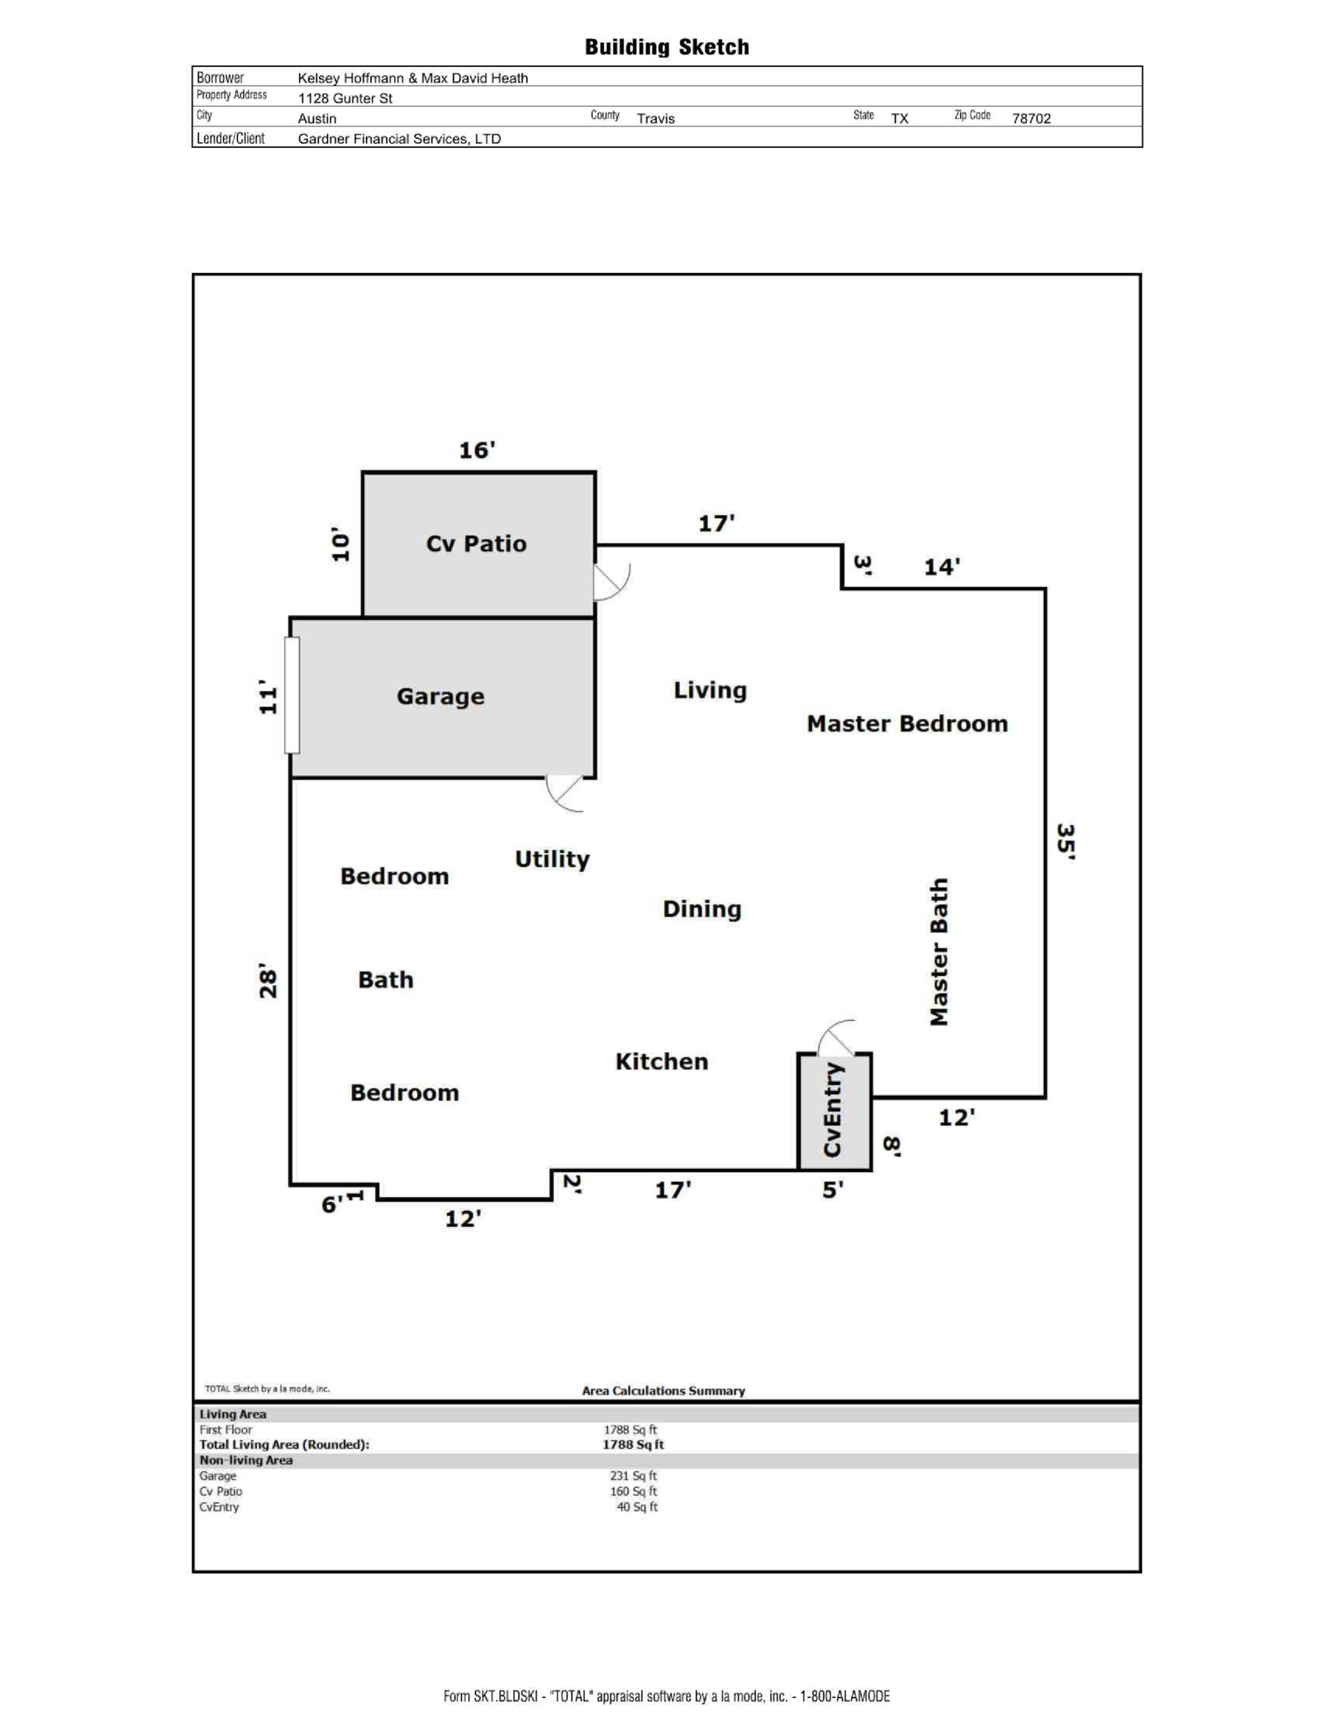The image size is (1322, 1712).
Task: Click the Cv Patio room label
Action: point(476,543)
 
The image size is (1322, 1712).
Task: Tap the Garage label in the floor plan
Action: point(440,696)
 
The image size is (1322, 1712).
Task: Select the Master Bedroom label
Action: point(906,723)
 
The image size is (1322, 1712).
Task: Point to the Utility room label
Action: point(552,859)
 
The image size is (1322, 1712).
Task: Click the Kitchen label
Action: point(661,1061)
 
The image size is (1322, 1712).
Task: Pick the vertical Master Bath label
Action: point(939,951)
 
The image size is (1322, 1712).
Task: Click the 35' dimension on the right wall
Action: point(1066,842)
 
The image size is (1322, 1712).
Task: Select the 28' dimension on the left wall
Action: point(268,980)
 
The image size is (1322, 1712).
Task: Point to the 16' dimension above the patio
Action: point(477,451)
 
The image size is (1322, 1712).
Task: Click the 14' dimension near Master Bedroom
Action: point(941,567)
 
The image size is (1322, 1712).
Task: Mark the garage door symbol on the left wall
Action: point(292,695)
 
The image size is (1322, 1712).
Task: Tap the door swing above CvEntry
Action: point(837,1038)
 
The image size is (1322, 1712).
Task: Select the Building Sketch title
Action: point(667,47)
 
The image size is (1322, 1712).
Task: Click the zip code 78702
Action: point(1031,118)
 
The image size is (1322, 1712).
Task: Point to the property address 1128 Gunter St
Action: point(345,98)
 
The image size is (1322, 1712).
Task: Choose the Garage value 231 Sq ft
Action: point(633,1476)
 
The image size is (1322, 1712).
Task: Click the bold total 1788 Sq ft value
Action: point(633,1444)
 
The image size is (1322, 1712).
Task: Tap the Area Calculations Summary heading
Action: point(663,1390)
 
